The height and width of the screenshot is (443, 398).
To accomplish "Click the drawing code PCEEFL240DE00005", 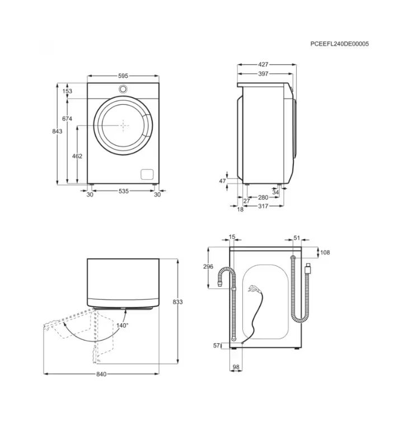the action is tap(340, 44).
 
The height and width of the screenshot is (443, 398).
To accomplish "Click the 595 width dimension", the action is tap(123, 76).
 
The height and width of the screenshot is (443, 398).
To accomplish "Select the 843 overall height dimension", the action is tap(57, 131).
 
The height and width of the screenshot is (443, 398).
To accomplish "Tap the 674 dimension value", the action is tap(67, 119).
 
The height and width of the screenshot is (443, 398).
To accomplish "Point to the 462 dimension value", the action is tap(77, 156).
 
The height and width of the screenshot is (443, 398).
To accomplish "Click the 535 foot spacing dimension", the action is tap(124, 191).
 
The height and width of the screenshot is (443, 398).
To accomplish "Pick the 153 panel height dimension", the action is tap(67, 91).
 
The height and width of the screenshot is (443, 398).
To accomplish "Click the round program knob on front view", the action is tap(123, 88).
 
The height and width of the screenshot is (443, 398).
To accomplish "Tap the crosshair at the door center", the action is tap(123, 125).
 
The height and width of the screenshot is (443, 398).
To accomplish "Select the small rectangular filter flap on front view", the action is tap(147, 174).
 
